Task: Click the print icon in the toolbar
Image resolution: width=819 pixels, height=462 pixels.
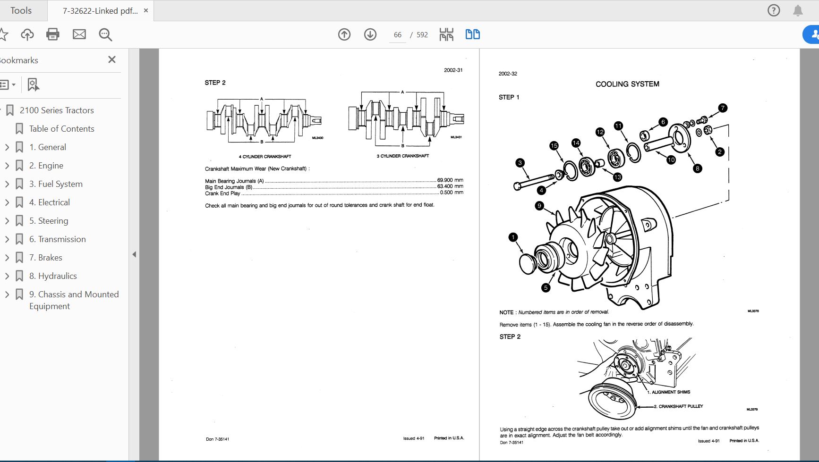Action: (53, 34)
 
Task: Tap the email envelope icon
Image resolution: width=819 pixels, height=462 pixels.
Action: (79, 34)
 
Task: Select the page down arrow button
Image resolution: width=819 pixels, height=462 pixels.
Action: (370, 34)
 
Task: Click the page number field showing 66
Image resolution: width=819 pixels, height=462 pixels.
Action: (398, 35)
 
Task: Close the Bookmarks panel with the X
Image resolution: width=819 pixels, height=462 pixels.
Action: (112, 59)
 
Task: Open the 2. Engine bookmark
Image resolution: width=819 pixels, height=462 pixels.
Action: (46, 166)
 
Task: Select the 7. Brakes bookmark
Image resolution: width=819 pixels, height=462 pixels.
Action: (46, 258)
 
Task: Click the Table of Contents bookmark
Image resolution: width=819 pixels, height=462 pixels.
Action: (62, 129)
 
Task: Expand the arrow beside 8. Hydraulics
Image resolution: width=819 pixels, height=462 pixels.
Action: (7, 276)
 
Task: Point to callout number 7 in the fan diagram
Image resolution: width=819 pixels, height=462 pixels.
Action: (723, 108)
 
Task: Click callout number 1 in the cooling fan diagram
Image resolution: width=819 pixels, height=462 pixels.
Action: (513, 237)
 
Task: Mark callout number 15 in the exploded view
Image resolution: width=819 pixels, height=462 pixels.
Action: (554, 146)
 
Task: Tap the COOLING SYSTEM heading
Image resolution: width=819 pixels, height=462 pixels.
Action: (627, 84)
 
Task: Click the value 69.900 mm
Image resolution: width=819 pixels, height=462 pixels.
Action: (450, 180)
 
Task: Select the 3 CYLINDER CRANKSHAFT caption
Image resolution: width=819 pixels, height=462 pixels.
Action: (403, 156)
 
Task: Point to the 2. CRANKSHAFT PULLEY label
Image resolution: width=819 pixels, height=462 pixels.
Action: (678, 406)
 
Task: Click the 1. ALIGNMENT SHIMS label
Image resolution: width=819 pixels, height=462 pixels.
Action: (669, 392)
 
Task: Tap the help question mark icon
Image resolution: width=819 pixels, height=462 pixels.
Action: (774, 10)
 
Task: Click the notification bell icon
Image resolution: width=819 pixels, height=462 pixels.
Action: (798, 10)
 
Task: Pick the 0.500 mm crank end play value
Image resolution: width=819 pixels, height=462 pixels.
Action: (452, 193)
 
